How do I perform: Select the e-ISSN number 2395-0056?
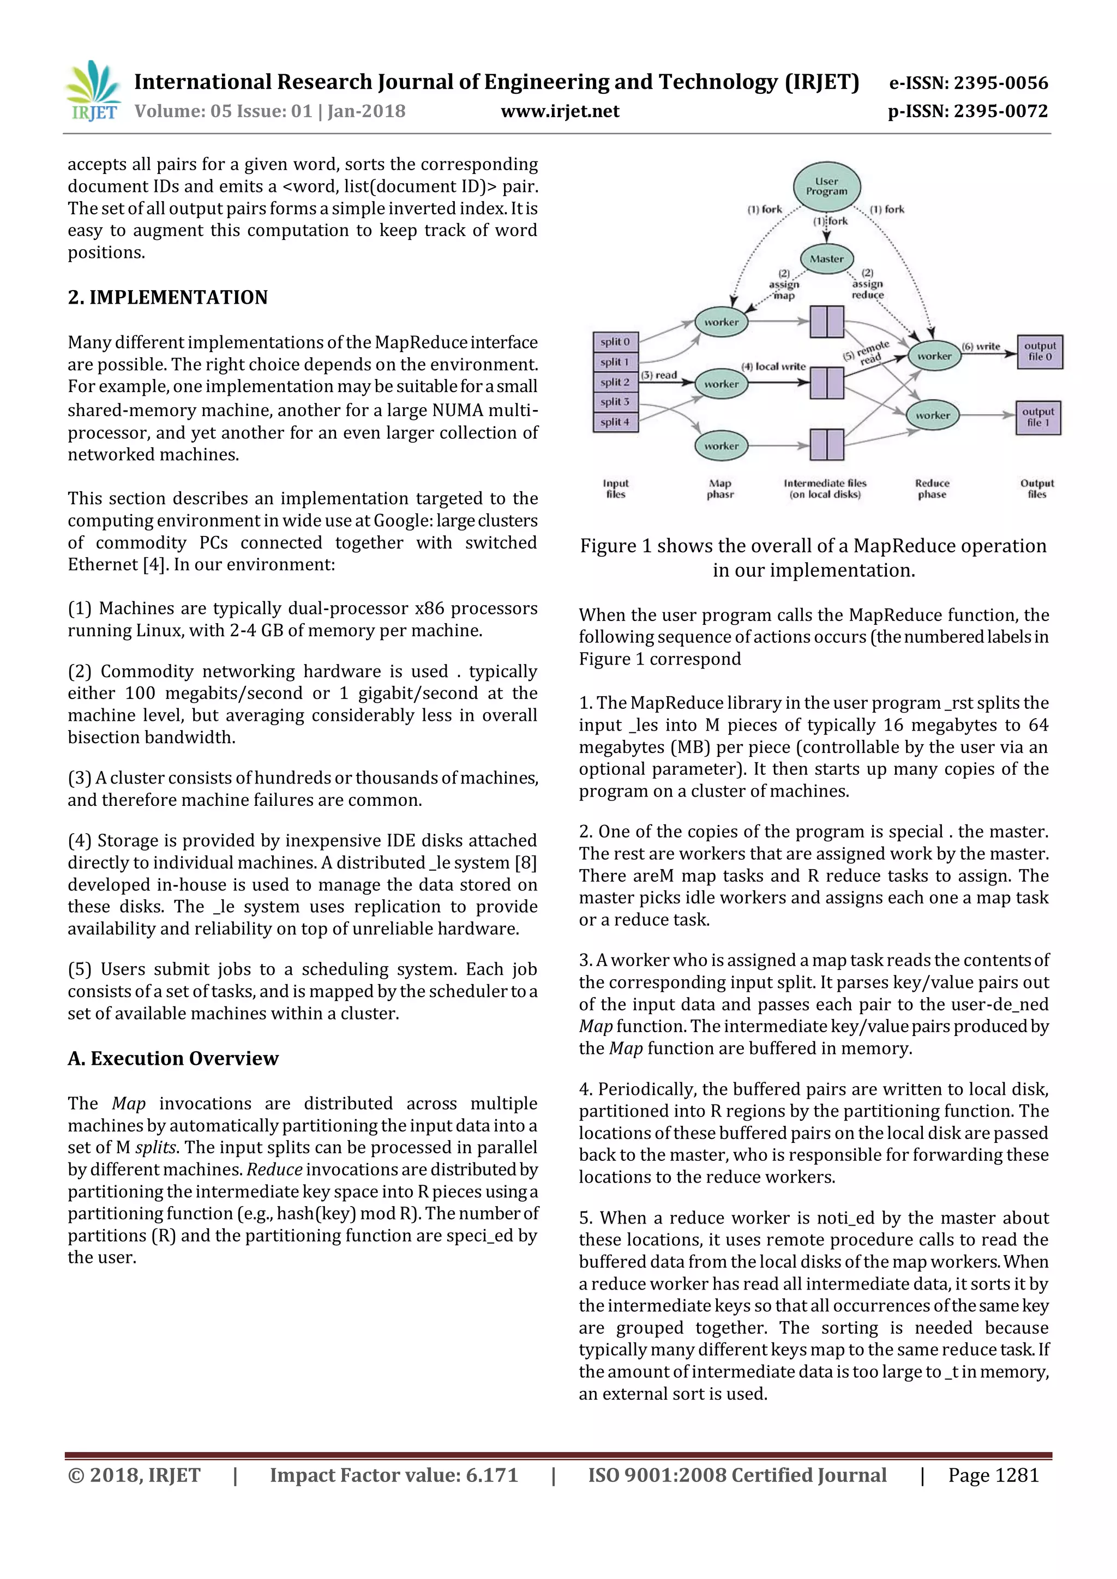tap(969, 83)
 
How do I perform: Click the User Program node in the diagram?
tap(826, 186)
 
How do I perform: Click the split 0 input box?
tap(615, 342)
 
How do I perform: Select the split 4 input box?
tap(615, 422)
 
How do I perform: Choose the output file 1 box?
tap(1038, 418)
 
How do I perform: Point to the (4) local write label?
tap(773, 366)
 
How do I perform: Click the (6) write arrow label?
tap(981, 347)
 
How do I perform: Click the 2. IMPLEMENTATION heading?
tap(168, 297)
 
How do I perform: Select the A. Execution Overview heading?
tap(173, 1058)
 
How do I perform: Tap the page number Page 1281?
tap(993, 1475)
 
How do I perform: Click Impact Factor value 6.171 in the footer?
tap(393, 1475)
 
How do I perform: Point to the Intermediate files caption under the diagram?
tap(825, 489)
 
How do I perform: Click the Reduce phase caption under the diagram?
tap(932, 489)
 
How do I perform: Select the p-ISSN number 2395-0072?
tap(968, 111)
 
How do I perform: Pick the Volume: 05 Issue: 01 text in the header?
tap(224, 111)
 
